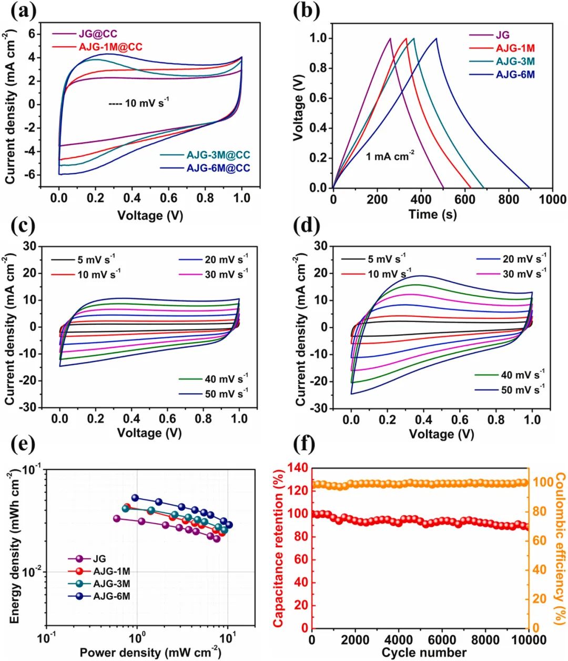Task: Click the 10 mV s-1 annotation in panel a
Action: tap(139, 103)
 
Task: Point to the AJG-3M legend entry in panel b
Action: tap(515, 62)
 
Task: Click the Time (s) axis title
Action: tap(432, 215)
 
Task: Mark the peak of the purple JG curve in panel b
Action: tap(390, 38)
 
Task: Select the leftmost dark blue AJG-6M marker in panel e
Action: tap(135, 497)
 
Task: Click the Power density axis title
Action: tap(150, 653)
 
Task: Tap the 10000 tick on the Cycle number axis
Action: tap(528, 640)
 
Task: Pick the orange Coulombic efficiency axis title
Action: tap(559, 548)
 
